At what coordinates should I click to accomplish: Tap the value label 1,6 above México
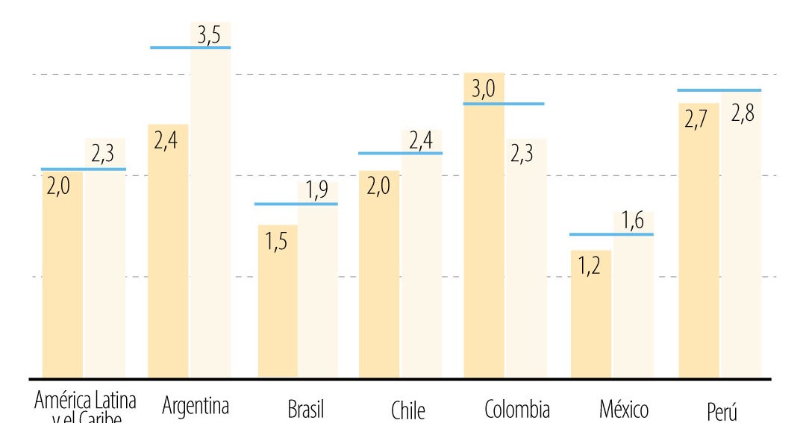(x=634, y=222)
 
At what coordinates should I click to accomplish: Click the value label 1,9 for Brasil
(x=316, y=192)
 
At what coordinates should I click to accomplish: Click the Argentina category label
(x=195, y=407)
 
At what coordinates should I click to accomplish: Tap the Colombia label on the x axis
(x=517, y=410)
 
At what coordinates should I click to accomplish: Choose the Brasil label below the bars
(x=305, y=410)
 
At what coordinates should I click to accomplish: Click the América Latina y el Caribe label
(x=85, y=407)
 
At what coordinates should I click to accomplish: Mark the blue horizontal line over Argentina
(x=190, y=48)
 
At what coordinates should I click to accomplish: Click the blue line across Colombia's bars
(x=504, y=104)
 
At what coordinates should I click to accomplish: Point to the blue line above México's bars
(x=611, y=234)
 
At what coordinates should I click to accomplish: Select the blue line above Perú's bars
(x=719, y=90)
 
